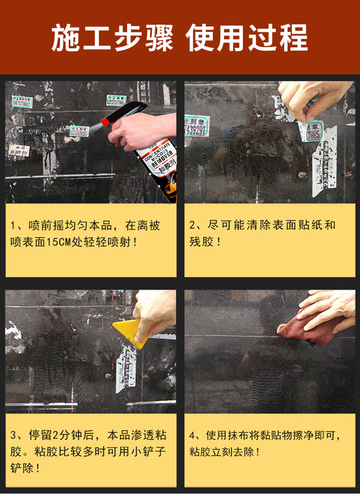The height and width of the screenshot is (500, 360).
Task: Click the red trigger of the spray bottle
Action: click(x=106, y=122)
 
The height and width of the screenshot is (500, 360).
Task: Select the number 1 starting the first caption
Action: click(x=13, y=226)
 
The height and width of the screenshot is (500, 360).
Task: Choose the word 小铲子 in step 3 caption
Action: click(x=149, y=452)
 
